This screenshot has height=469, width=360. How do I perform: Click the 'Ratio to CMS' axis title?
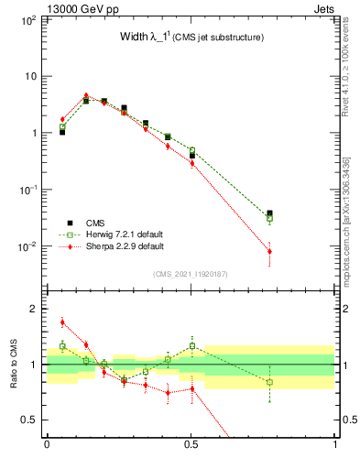(x=16, y=364)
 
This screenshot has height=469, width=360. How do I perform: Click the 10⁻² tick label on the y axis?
(x=25, y=246)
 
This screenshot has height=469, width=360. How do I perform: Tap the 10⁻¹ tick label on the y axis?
(x=25, y=190)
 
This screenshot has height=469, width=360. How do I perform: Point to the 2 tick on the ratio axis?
(x=33, y=309)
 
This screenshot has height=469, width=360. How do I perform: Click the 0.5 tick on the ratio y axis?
(x=29, y=420)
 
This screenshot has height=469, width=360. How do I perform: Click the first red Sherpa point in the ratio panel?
(x=62, y=322)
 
